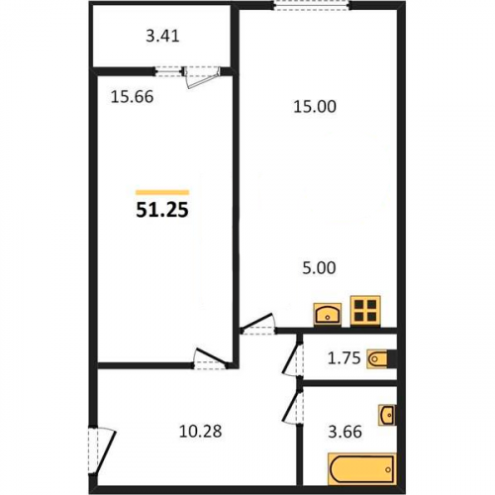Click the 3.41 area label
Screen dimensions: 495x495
[x=162, y=36]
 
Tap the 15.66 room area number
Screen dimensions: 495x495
[x=132, y=97]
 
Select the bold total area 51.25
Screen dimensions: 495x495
[x=162, y=210]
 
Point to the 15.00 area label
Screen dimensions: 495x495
[x=315, y=107]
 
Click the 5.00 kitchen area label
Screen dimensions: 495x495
[x=319, y=268]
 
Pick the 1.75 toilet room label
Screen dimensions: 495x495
[x=344, y=358]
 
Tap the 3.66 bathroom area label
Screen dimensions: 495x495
[x=345, y=432]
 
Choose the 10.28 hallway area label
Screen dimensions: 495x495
[x=200, y=432]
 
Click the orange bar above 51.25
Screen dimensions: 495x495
[x=162, y=193]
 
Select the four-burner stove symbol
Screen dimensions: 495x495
[x=365, y=310]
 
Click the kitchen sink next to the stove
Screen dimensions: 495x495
[x=328, y=314]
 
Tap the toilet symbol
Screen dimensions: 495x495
[x=378, y=358]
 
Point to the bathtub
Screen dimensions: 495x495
[x=362, y=469]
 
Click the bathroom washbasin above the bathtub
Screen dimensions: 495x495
[x=387, y=415]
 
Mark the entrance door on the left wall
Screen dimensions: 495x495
[x=102, y=451]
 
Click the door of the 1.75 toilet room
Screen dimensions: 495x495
[x=292, y=359]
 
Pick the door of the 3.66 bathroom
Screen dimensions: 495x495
[x=292, y=407]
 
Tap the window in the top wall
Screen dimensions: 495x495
[x=312, y=6]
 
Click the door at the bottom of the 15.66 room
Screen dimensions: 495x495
[x=211, y=358]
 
